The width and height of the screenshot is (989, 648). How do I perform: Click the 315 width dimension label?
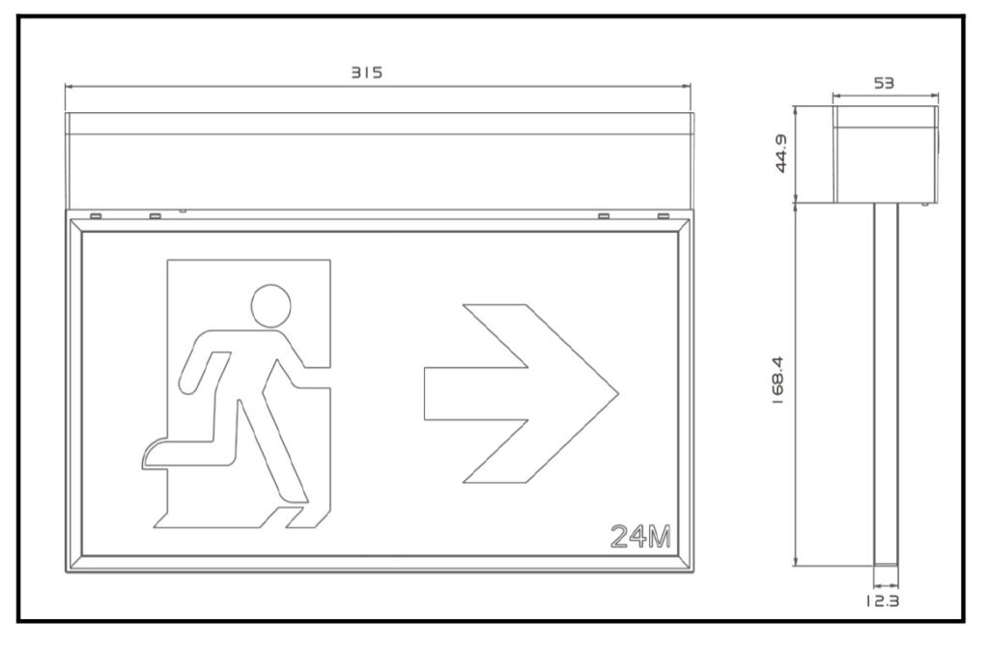366,72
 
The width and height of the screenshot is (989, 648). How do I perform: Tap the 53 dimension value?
884,83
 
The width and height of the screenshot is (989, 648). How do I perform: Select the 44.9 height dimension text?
780,154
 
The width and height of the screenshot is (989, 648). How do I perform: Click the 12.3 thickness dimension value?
882,601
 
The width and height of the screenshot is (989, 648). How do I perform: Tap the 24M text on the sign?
641,536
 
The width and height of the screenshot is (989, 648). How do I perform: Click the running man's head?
271,306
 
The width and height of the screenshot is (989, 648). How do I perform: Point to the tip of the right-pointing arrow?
618,394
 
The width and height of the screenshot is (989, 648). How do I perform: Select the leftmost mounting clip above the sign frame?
96,216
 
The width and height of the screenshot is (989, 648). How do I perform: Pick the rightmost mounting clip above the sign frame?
663,216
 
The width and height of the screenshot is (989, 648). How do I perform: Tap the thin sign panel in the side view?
886,384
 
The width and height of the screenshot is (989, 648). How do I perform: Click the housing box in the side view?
886,155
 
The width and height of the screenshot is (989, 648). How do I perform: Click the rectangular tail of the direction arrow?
475,394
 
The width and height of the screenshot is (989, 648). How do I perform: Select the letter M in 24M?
659,536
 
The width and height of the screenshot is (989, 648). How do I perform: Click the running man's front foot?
297,518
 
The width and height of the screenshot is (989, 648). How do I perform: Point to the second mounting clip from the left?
155,216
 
